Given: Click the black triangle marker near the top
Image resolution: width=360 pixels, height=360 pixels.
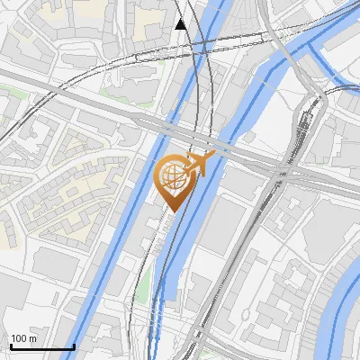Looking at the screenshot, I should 181,24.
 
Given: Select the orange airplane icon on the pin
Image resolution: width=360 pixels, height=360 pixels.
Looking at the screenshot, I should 204,164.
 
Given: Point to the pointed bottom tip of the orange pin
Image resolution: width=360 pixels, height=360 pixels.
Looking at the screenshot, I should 173,212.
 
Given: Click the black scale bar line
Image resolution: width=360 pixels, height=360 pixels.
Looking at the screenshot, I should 41,346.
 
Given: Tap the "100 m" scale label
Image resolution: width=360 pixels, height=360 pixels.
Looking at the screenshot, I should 23,338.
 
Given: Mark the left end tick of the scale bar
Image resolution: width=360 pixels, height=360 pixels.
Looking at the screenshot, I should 10,346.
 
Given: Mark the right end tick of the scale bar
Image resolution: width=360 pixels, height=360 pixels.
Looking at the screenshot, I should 74,346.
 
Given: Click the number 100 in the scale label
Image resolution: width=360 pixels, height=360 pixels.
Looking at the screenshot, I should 19,338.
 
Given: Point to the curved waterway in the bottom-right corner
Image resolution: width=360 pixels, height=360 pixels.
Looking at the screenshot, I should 342,315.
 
